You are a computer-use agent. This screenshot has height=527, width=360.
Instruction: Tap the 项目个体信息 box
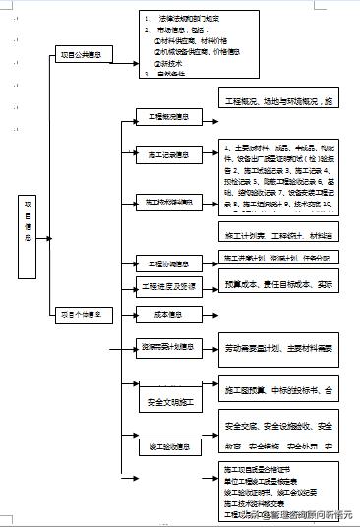(85, 315)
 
